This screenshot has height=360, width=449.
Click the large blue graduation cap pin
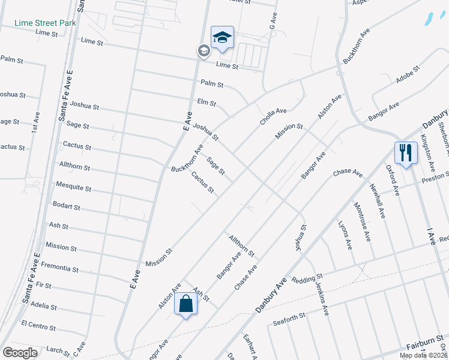pos(221,38)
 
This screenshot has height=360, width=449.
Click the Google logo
pos(20,353)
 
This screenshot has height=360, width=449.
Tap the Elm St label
pos(206,103)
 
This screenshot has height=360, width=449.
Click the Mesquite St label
pos(73,188)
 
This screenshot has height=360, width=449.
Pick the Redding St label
pos(307,280)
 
